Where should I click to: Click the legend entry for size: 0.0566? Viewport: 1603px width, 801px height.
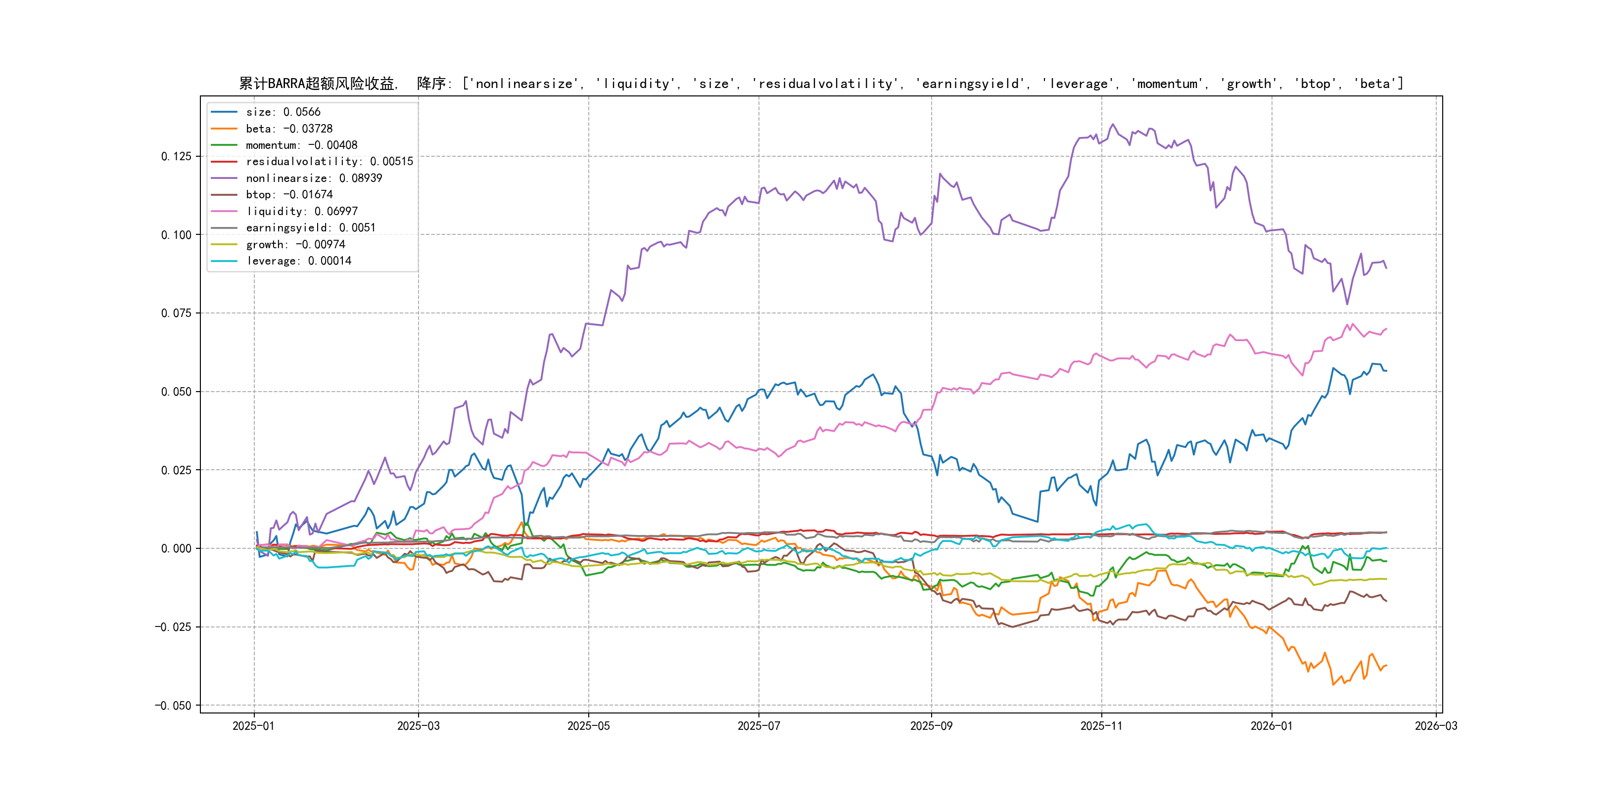pos(283,112)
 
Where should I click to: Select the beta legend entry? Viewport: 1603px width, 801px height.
pos(289,129)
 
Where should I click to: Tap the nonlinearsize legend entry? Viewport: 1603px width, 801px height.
pos(314,178)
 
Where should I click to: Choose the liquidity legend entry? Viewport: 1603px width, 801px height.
pos(301,212)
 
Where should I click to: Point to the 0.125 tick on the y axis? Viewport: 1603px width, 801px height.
pos(176,156)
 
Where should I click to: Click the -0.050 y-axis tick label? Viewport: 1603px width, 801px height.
pos(173,705)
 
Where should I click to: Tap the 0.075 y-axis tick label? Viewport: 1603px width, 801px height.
pos(176,313)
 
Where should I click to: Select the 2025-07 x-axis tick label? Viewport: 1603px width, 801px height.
pos(758,726)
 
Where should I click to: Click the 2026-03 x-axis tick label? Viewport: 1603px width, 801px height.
pos(1436,726)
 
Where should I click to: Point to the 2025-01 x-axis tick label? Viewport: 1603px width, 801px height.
pos(253,726)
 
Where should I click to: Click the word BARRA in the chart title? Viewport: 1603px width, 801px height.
pos(286,84)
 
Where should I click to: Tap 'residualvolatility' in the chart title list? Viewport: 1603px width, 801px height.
pos(826,84)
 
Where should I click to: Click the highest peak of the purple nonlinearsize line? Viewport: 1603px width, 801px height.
pos(1113,125)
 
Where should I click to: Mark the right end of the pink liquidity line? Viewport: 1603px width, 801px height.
pos(1386,329)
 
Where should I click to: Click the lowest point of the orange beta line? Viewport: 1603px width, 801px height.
pos(1333,685)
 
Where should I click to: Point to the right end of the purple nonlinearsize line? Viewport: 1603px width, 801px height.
pos(1386,268)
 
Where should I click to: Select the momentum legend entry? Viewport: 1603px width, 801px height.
pos(301,145)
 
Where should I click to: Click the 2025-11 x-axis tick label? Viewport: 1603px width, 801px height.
pos(1101,726)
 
